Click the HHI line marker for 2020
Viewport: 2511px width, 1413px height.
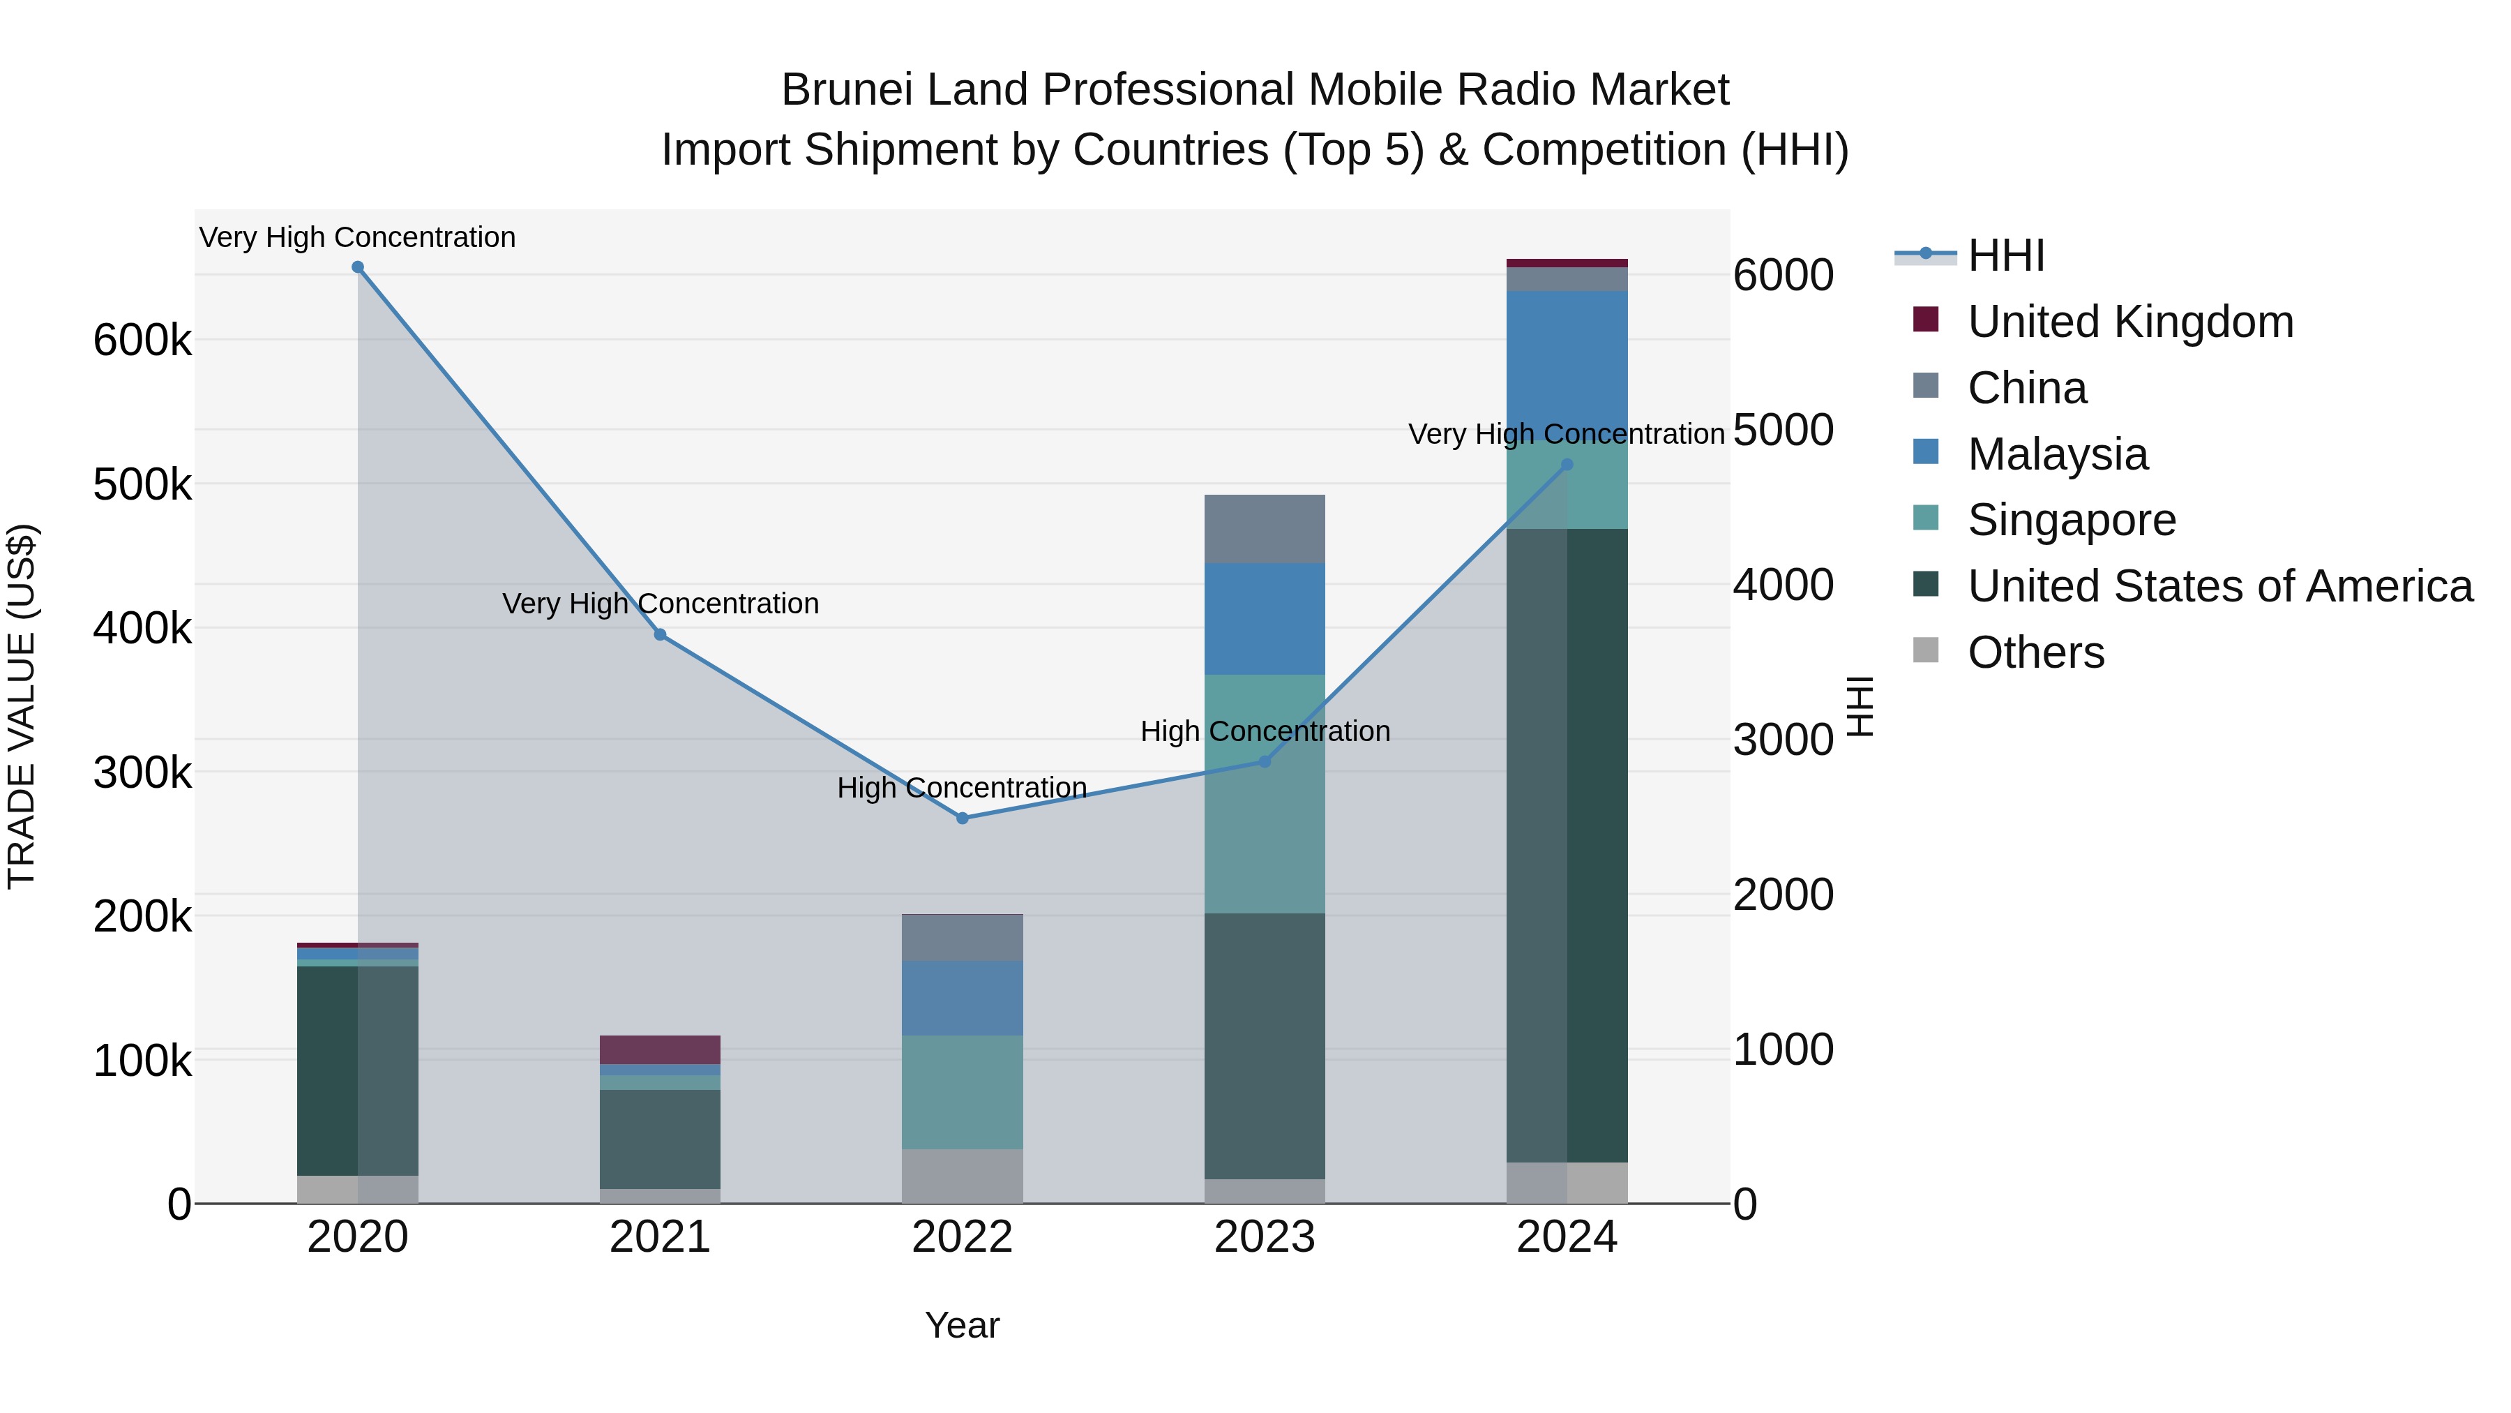358,267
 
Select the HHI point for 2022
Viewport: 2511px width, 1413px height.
962,818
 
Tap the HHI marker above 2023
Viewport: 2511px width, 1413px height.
1265,761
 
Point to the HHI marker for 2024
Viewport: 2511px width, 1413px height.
1567,465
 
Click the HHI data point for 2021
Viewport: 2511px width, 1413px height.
660,635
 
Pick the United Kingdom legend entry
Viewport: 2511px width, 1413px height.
2130,322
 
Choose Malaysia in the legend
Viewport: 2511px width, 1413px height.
2057,454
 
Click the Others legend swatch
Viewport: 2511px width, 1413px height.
1926,650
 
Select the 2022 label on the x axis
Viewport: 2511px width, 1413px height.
962,1237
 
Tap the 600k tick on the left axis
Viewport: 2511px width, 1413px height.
142,341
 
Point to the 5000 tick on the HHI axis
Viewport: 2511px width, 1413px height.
1783,430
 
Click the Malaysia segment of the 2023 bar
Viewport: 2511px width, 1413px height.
1265,618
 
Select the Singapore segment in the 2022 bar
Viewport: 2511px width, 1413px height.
962,1092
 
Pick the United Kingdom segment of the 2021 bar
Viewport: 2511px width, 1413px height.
660,1049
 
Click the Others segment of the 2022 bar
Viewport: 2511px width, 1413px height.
962,1176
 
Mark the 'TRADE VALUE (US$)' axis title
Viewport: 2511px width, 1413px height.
22,706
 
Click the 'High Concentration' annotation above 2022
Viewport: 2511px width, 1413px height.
962,788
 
